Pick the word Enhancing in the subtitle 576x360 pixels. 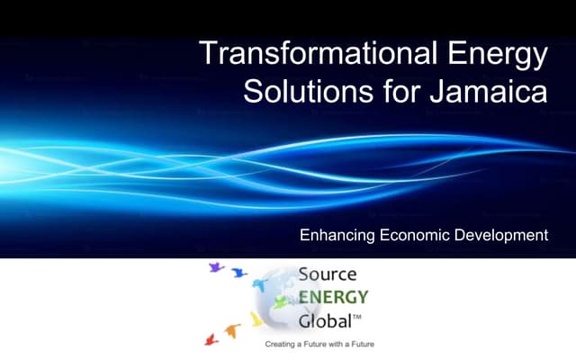point(337,236)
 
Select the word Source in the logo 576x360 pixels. point(328,274)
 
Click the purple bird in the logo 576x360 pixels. point(216,268)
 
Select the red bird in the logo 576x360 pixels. point(212,339)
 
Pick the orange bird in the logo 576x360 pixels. point(231,331)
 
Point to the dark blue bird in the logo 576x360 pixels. point(238,273)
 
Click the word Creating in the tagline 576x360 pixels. point(279,345)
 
